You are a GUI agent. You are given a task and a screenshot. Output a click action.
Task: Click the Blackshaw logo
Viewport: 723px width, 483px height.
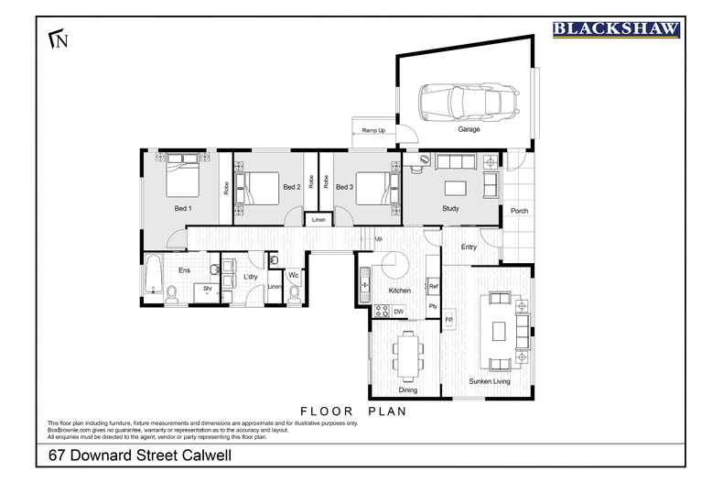coord(617,29)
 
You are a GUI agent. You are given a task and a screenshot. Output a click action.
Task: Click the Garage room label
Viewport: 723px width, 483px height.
coord(469,130)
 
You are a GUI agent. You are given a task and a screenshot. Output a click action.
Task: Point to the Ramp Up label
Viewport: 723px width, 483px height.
coord(373,131)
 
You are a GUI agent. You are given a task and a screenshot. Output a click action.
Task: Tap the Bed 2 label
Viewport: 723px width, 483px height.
coord(291,187)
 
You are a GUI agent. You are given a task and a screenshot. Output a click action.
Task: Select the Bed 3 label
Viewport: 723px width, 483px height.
coord(344,187)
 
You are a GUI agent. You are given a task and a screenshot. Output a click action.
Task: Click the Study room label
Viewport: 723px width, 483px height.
coord(449,209)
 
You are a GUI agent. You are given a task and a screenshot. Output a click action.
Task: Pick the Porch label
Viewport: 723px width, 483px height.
coord(519,211)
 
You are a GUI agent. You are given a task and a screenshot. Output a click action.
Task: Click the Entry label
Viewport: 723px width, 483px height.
coord(469,247)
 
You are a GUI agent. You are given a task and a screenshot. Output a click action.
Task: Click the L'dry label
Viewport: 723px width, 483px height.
coord(249,276)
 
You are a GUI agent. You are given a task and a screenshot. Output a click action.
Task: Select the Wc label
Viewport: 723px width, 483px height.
coord(294,275)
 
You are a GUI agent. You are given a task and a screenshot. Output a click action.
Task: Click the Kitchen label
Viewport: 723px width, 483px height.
coord(398,290)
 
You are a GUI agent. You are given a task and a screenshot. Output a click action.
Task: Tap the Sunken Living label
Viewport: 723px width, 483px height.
coord(489,381)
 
